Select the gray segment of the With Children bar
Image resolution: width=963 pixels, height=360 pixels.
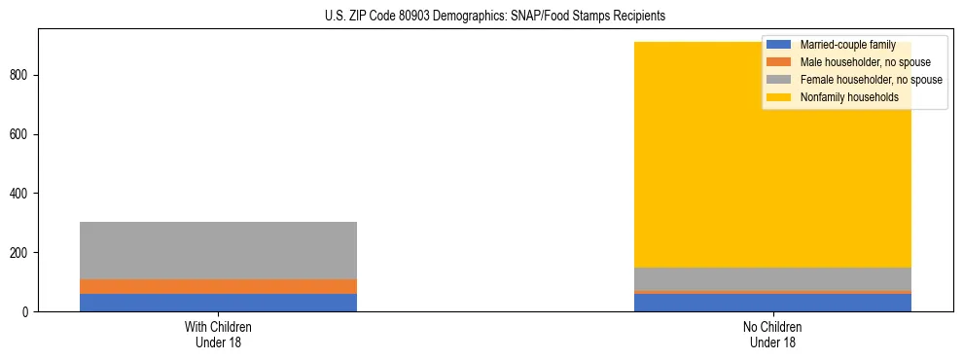pos(218,250)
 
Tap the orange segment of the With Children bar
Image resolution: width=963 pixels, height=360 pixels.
pos(218,286)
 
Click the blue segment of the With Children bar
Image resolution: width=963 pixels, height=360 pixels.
pos(218,302)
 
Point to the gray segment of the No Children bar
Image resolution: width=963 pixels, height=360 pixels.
pos(772,278)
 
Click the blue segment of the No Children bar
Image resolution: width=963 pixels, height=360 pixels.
pos(772,302)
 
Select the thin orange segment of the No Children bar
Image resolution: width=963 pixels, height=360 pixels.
pos(772,291)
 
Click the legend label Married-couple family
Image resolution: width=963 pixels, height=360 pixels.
pos(847,45)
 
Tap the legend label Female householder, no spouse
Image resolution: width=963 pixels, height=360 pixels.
pos(871,80)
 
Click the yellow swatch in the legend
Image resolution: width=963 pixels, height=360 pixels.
pos(779,97)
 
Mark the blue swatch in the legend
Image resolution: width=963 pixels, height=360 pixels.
pos(779,45)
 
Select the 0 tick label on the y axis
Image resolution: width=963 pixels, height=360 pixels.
pos(28,311)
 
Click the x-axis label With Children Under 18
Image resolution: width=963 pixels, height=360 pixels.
pos(218,334)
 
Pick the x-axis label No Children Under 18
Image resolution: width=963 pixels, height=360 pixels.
pos(772,334)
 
